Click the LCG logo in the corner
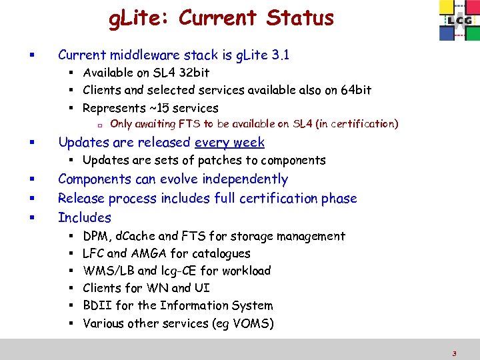[457, 21]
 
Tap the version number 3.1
[280, 55]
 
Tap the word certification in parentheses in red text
[361, 123]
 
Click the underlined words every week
[229, 142]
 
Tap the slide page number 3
[454, 354]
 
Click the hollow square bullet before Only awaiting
[99, 124]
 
